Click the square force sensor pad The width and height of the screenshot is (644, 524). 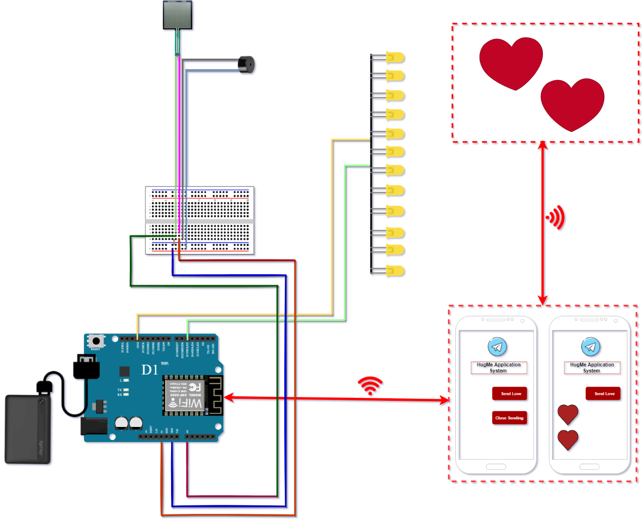click(178, 15)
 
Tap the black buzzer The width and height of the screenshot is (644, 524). click(247, 65)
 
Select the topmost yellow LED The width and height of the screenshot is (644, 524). click(395, 57)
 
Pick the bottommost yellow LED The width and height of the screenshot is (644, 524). click(395, 271)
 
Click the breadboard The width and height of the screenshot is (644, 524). click(200, 220)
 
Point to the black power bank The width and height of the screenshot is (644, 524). click(28, 429)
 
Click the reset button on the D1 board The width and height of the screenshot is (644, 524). click(95, 342)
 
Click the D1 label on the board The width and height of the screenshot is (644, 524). click(150, 370)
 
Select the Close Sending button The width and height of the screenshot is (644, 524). click(509, 418)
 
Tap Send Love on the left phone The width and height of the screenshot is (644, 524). click(510, 394)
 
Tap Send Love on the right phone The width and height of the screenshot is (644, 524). click(603, 394)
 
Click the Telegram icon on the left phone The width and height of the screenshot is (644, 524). click(497, 347)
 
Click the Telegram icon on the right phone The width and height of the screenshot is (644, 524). click(591, 347)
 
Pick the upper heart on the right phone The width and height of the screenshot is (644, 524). click(568, 414)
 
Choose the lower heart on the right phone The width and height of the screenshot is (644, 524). click(568, 440)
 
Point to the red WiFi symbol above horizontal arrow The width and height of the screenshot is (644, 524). click(370, 385)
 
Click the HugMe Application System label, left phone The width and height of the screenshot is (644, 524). click(499, 368)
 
